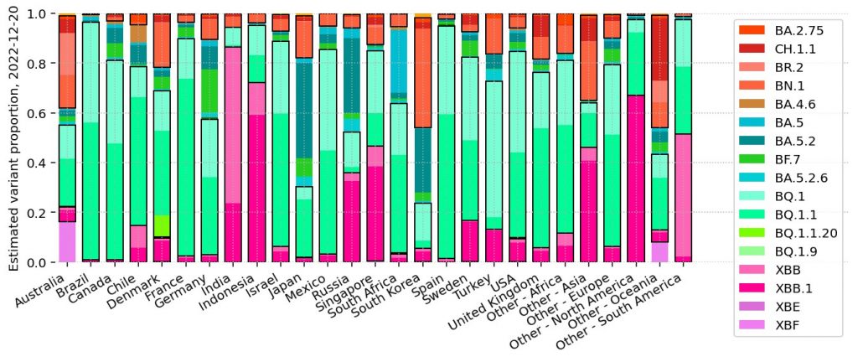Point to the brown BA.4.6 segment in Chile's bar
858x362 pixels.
[x=138, y=34]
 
